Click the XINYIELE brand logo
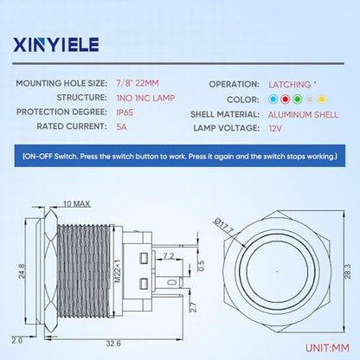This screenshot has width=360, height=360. pyautogui.click(x=56, y=45)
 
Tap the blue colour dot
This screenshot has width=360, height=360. pyautogui.click(x=273, y=100)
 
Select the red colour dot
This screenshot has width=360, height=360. pyautogui.click(x=285, y=100)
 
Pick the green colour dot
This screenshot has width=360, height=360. pyautogui.click(x=297, y=100)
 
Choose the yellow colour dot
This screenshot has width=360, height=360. pyautogui.click(x=321, y=100)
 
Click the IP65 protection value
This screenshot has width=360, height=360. pyautogui.click(x=125, y=112)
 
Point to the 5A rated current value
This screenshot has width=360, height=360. pyautogui.click(x=121, y=126)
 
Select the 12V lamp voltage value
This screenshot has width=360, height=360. pyautogui.click(x=275, y=128)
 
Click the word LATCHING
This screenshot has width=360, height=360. pyautogui.click(x=290, y=85)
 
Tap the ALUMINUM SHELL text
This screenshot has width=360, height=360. pyautogui.click(x=303, y=114)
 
